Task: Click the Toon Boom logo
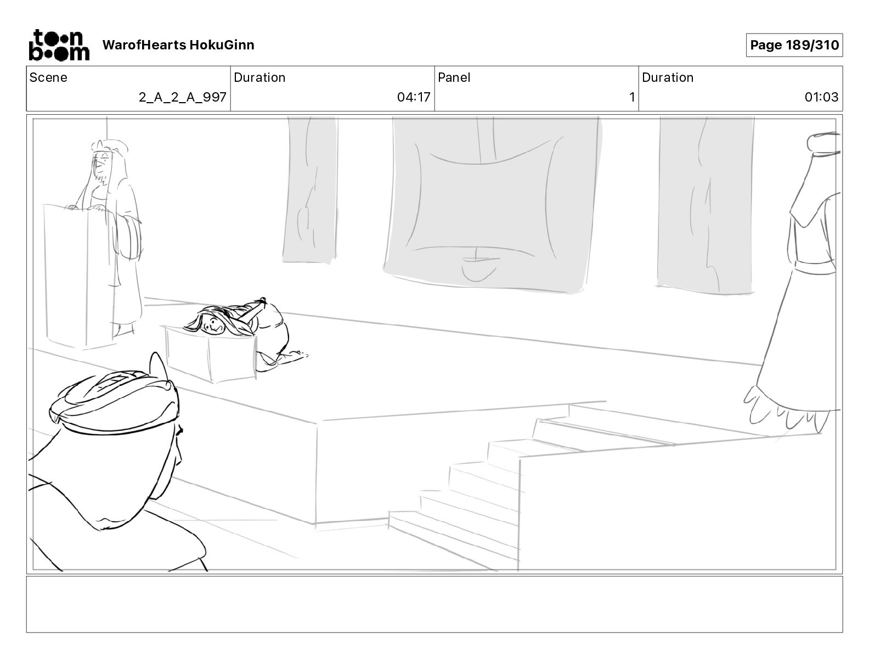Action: tap(59, 45)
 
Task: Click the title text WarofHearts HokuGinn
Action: tap(178, 45)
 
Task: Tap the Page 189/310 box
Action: tap(794, 45)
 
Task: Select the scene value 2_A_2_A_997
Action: tap(182, 98)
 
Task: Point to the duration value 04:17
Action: tap(414, 98)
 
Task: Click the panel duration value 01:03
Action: tap(821, 98)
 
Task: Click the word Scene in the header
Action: tap(48, 77)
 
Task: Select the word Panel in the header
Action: tap(454, 77)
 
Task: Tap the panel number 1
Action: tap(631, 98)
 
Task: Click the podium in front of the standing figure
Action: tap(80, 275)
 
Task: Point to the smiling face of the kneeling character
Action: tap(212, 326)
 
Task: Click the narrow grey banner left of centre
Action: tap(311, 189)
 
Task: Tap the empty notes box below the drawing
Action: tap(434, 604)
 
